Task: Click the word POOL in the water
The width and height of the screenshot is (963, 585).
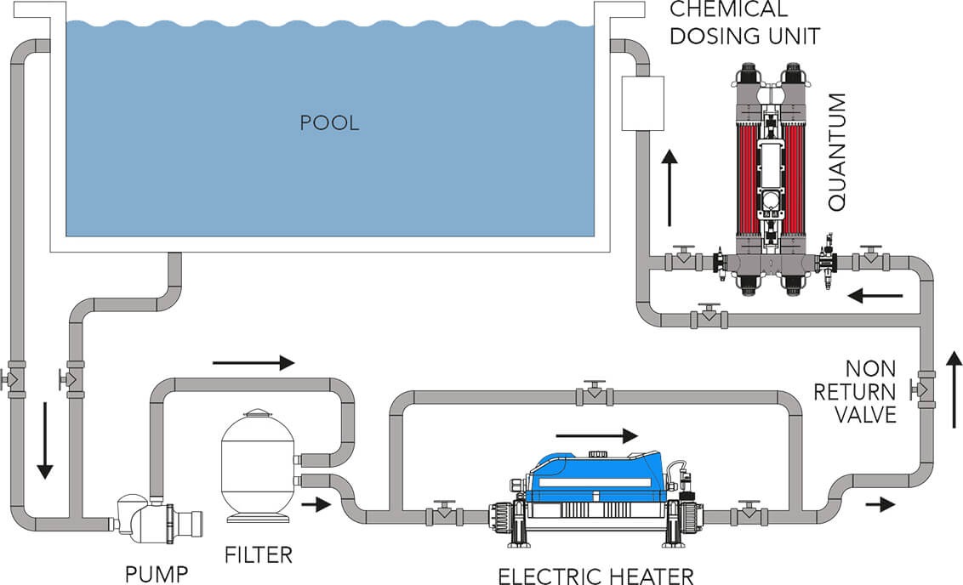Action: pyautogui.click(x=329, y=122)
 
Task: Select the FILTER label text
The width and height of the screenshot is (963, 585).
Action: pyautogui.click(x=259, y=555)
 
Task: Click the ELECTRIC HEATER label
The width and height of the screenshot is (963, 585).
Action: pyautogui.click(x=595, y=576)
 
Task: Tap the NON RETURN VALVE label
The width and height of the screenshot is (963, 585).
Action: pyautogui.click(x=870, y=392)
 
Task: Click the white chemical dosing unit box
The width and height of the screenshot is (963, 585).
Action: pyautogui.click(x=642, y=103)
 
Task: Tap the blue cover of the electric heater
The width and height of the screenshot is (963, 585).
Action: pyautogui.click(x=595, y=476)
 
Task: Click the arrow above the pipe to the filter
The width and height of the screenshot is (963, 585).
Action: pyautogui.click(x=253, y=363)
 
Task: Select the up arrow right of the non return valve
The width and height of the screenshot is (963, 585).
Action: pyautogui.click(x=954, y=392)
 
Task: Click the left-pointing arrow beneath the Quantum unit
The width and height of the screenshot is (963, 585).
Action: pyautogui.click(x=875, y=296)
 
